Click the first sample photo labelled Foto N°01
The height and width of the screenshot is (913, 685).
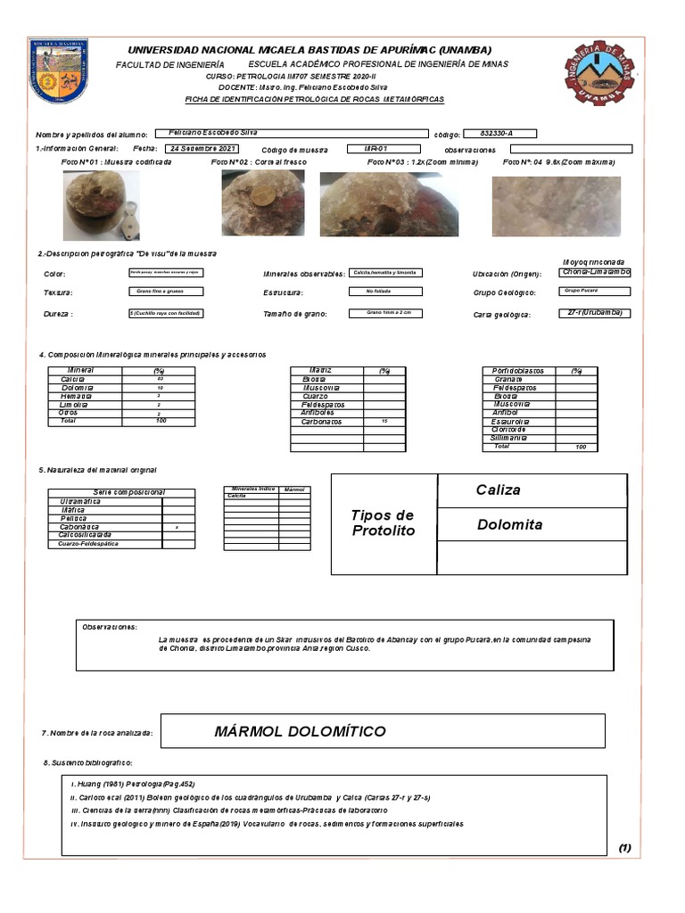101,205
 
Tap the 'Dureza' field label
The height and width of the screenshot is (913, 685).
58,315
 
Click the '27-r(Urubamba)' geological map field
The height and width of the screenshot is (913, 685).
596,313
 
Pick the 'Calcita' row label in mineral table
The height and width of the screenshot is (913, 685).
72,379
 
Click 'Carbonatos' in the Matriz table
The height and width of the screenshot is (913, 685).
321,422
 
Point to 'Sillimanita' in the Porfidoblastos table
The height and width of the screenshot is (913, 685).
509,438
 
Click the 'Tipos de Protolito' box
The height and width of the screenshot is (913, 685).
384,523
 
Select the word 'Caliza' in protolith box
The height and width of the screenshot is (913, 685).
498,490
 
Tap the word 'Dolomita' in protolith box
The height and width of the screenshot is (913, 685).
509,524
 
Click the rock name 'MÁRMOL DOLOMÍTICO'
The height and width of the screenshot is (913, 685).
300,732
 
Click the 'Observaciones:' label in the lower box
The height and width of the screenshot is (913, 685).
110,628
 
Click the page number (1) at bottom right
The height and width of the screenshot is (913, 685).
623,848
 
